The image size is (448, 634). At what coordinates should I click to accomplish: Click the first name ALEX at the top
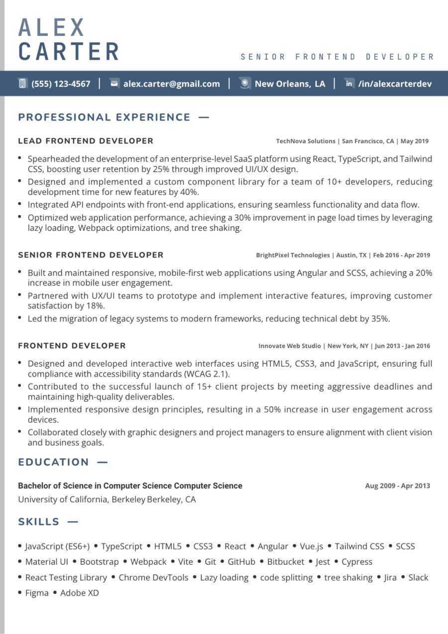pos(52,27)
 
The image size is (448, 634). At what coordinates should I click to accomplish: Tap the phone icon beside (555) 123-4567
pos(22,84)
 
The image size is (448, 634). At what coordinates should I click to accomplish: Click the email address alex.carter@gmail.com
pos(172,84)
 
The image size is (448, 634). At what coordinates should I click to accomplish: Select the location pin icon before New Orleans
pos(244,84)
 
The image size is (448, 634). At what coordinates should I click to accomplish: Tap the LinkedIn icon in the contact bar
pos(349,84)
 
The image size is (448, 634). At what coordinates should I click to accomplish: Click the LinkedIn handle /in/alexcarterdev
pos(395,84)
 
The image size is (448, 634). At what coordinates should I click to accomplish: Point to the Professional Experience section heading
pos(104,117)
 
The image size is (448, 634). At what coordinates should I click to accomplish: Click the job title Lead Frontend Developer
pos(86,141)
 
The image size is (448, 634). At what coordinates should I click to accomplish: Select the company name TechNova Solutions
pos(306,141)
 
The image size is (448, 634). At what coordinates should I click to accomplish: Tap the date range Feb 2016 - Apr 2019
pos(401,255)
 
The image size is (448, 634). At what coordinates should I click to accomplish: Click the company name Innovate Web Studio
pos(290,346)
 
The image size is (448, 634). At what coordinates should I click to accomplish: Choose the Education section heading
pos(53,462)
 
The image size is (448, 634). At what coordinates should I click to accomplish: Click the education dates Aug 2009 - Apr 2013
pos(397,486)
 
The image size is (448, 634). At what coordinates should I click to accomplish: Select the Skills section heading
pos(39,522)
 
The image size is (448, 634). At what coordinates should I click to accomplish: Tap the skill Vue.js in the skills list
pos(311,546)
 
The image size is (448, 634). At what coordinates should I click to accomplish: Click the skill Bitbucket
pos(285,562)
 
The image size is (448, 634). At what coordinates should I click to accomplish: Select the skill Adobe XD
pos(80,593)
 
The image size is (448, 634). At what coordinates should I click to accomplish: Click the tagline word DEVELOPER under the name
pos(400,57)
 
